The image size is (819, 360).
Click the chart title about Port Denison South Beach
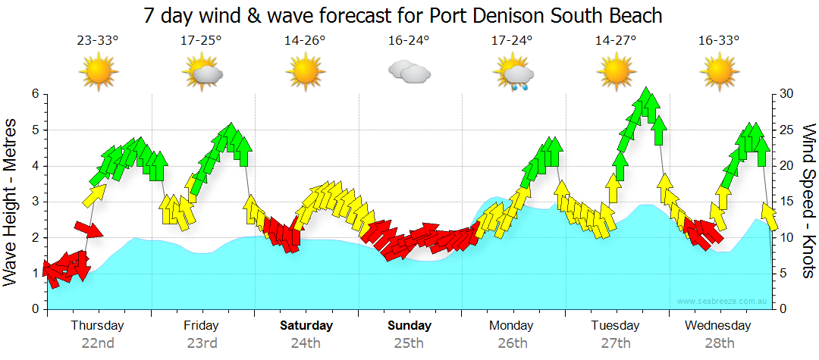402,15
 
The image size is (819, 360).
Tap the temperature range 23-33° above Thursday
98,41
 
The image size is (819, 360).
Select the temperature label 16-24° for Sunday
409,41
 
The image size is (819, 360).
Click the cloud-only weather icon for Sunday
409,72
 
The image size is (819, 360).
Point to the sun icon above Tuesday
616,72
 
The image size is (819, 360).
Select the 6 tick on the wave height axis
34,94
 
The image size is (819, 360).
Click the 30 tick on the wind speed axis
788,94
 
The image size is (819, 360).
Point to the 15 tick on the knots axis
788,202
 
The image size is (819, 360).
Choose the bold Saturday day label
306,326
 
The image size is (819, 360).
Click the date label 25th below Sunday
409,343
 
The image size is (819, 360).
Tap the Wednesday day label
718,326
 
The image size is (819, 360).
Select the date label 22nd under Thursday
98,343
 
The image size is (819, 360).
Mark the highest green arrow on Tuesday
647,102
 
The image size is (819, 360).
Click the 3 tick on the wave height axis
34,202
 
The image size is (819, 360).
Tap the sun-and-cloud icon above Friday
203,73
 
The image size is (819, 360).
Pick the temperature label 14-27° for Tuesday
616,41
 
